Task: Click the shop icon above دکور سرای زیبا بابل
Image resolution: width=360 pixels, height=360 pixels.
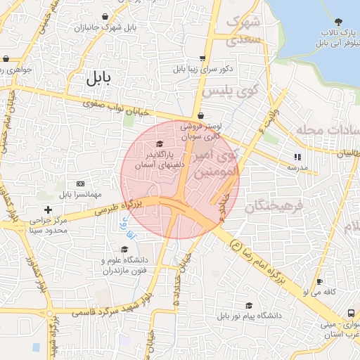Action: tap(203, 58)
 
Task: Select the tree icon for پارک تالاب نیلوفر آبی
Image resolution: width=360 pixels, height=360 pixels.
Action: tap(337, 22)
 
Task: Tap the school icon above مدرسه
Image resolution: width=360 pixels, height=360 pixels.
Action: tap(297, 157)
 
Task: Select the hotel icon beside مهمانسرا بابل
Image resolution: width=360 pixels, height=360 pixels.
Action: tap(79, 183)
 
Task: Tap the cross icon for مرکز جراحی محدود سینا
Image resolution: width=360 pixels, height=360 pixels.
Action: tap(48, 210)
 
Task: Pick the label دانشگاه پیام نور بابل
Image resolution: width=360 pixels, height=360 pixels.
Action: tap(250, 316)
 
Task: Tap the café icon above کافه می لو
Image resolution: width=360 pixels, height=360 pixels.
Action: tap(320, 281)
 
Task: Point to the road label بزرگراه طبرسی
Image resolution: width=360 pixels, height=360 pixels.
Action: tap(112, 209)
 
